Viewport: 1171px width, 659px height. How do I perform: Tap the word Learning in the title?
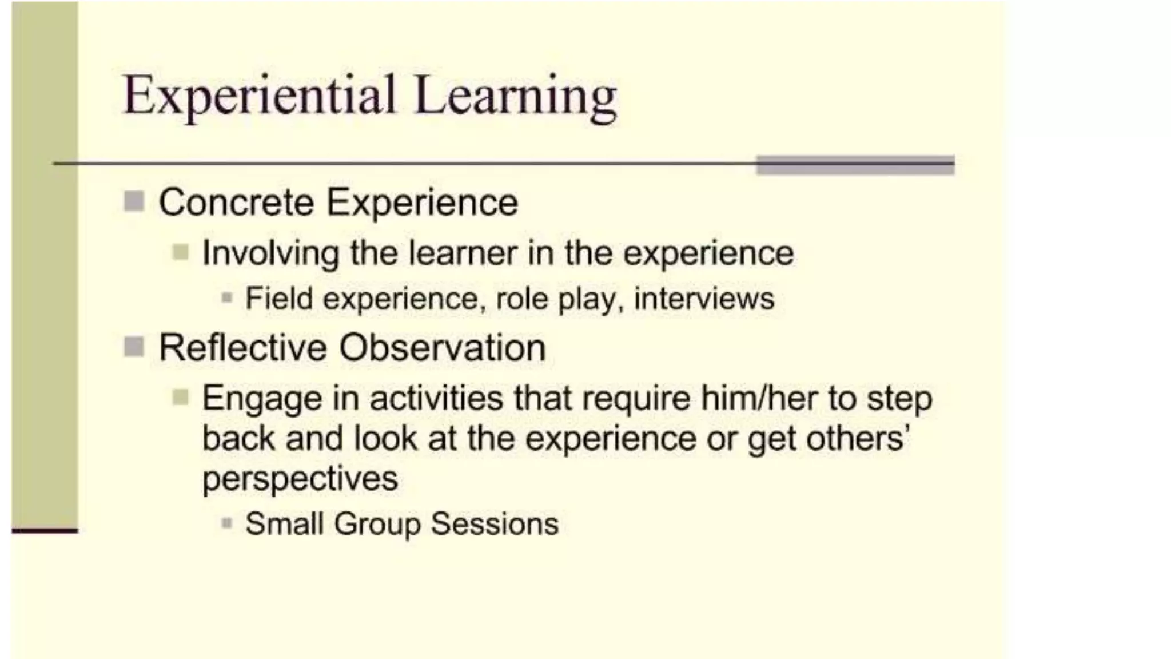[515, 97]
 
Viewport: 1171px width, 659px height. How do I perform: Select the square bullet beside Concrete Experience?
[134, 201]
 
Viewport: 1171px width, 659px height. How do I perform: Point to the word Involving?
[271, 253]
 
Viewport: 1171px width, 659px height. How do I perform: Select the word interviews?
[704, 298]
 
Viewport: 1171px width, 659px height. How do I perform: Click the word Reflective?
[242, 347]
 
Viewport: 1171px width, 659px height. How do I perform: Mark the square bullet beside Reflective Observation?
[134, 346]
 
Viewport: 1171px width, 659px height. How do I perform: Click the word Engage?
[262, 399]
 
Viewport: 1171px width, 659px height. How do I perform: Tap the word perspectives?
[300, 478]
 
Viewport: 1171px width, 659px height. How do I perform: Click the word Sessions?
[495, 523]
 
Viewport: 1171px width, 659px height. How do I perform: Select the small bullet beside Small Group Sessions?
[227, 523]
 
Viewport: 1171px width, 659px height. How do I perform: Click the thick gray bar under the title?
[855, 165]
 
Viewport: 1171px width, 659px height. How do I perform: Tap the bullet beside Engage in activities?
[180, 396]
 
